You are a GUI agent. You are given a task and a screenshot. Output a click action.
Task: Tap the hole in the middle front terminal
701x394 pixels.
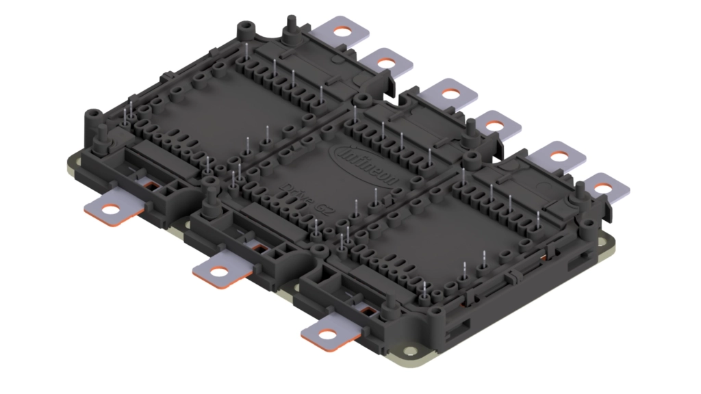point(218,272)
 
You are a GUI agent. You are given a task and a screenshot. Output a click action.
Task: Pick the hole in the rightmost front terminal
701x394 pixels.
point(327,334)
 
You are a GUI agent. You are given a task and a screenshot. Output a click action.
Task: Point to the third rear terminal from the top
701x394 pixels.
point(450,93)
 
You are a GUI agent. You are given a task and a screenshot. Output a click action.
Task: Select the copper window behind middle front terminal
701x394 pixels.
point(259,246)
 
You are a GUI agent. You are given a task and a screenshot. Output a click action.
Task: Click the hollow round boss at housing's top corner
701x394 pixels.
point(242,29)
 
